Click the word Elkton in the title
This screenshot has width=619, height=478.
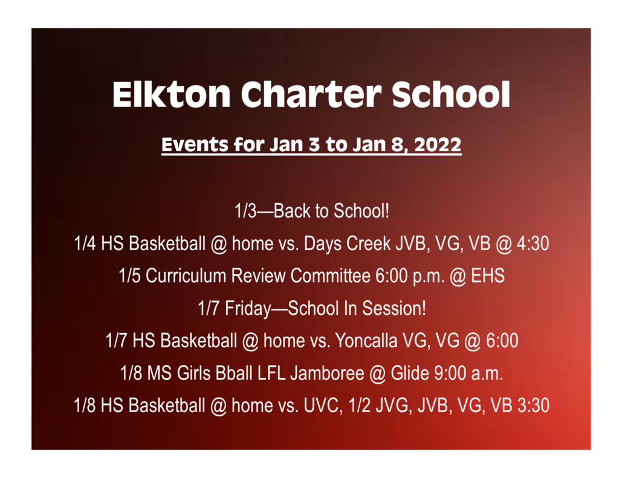pos(171,95)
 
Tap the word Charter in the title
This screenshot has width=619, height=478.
pos(311,95)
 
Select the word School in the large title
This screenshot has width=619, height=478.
pos(451,95)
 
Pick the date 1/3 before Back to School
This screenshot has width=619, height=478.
pos(245,211)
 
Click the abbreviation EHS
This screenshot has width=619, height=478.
pos(488,276)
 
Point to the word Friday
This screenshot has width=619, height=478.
pos(248,309)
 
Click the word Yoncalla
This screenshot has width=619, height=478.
pos(366,340)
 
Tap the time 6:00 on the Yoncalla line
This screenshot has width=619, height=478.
pos(502,340)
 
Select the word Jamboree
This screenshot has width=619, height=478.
pos(327,373)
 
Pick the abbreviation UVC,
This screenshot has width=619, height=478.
pos(323,405)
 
